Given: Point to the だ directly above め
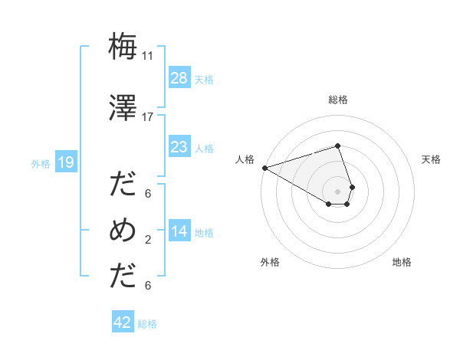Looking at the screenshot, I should click(x=123, y=185).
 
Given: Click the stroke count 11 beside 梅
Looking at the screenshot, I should click(x=148, y=55).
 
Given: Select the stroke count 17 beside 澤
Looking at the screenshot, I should click(x=148, y=117).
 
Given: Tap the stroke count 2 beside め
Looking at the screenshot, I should click(x=148, y=240).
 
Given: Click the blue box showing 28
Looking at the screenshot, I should click(x=179, y=78).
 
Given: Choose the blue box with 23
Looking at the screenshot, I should click(x=179, y=147).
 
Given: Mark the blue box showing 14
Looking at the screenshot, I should click(x=179, y=232).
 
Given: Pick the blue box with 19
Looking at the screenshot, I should click(x=66, y=162).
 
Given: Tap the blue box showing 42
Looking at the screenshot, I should click(x=123, y=323).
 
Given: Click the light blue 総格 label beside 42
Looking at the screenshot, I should click(x=148, y=324).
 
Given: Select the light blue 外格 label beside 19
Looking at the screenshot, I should click(x=41, y=163).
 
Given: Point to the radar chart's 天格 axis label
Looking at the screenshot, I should click(x=432, y=159).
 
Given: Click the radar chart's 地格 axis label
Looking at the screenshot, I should click(x=402, y=262).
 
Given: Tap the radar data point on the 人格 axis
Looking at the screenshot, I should click(x=264, y=167).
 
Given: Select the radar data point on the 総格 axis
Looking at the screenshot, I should click(x=337, y=146).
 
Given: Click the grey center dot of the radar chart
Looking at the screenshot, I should click(x=337, y=191).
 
